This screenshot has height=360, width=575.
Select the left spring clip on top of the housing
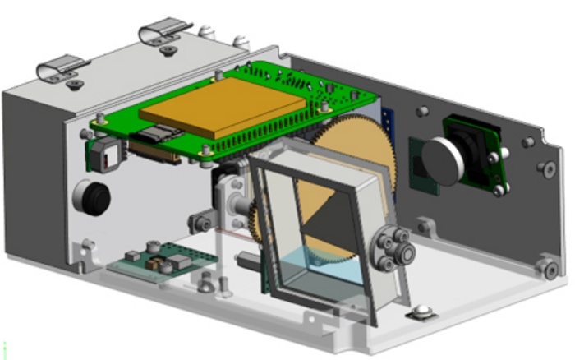click(x=64, y=69)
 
